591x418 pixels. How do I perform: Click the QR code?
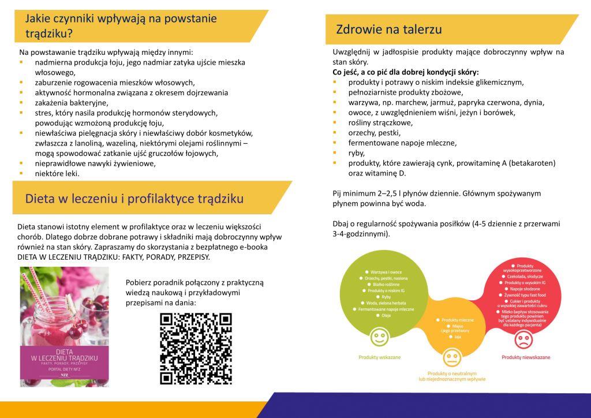[x=196, y=349]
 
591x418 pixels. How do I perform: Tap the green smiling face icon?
[x=379, y=335]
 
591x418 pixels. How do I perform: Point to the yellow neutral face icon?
[x=450, y=354]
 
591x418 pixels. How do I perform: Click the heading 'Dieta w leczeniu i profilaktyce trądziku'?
[x=134, y=199]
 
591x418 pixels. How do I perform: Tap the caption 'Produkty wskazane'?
[x=379, y=357]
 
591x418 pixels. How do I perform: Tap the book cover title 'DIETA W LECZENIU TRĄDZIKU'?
[x=64, y=355]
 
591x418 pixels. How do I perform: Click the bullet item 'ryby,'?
[x=356, y=153]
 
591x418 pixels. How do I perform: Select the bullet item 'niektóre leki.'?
[x=57, y=173]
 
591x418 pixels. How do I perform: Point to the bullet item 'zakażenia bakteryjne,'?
[x=74, y=102]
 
